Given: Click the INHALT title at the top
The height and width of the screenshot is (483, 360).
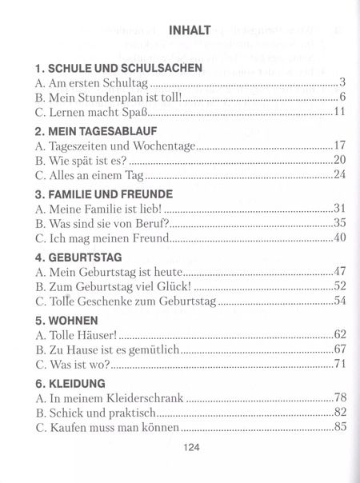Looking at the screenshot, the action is point(190,30).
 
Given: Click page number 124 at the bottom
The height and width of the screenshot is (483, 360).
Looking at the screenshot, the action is point(190,449).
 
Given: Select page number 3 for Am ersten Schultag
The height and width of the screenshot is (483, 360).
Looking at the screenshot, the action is point(342,82).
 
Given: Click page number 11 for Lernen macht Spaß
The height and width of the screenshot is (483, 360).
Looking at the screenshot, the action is point(338,111).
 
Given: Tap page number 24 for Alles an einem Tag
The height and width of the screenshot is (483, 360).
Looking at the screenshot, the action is point(338,174).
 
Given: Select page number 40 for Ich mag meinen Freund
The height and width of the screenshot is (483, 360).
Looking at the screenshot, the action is point(338,238).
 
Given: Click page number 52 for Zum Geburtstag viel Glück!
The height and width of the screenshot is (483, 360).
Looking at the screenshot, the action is point(338,285).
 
